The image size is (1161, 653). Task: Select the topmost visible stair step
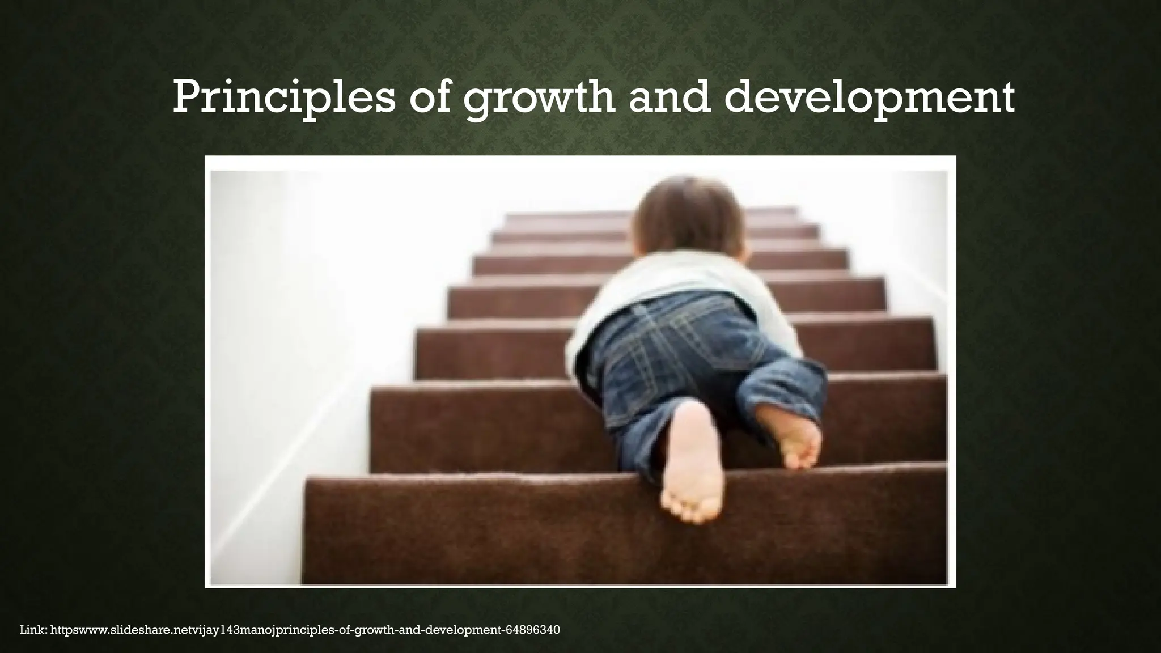tap(567, 218)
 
